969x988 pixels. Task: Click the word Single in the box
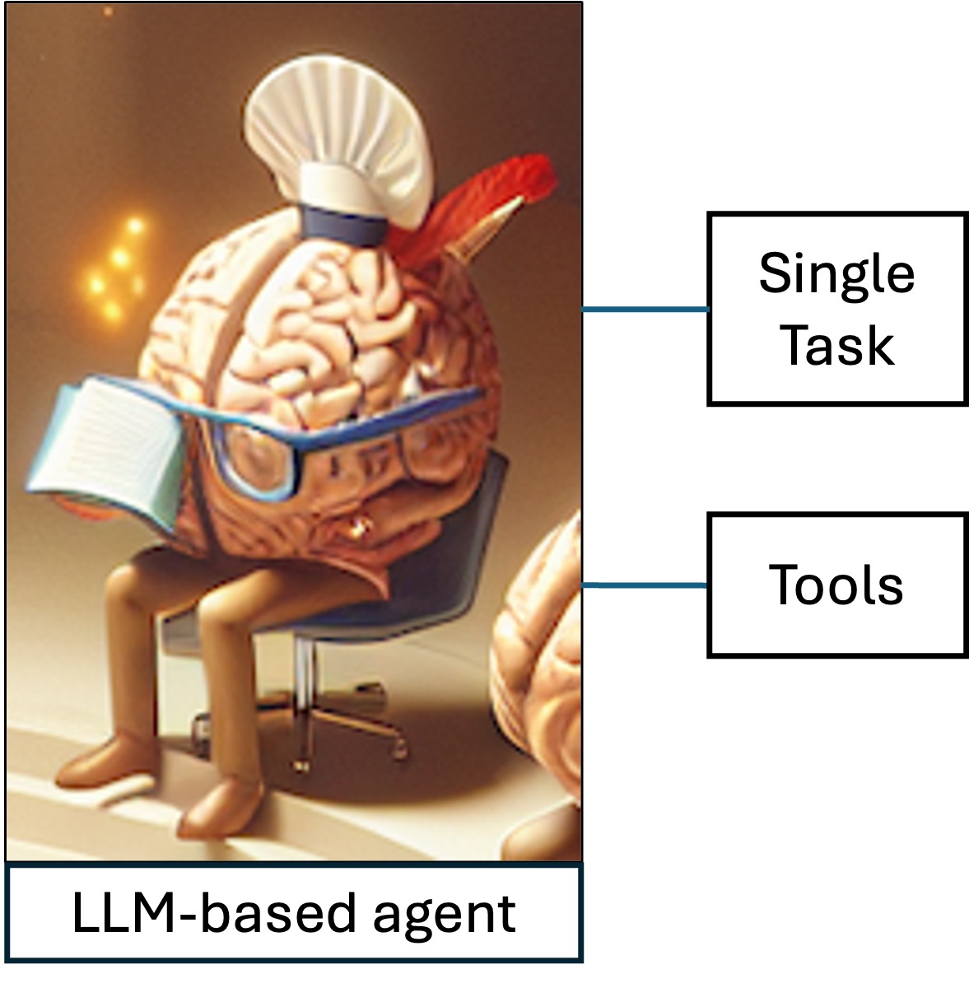(x=836, y=275)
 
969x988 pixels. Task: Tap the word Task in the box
(x=836, y=346)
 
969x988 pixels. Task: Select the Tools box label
(x=836, y=585)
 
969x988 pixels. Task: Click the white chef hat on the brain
(x=346, y=140)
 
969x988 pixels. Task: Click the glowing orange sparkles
(x=115, y=263)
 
